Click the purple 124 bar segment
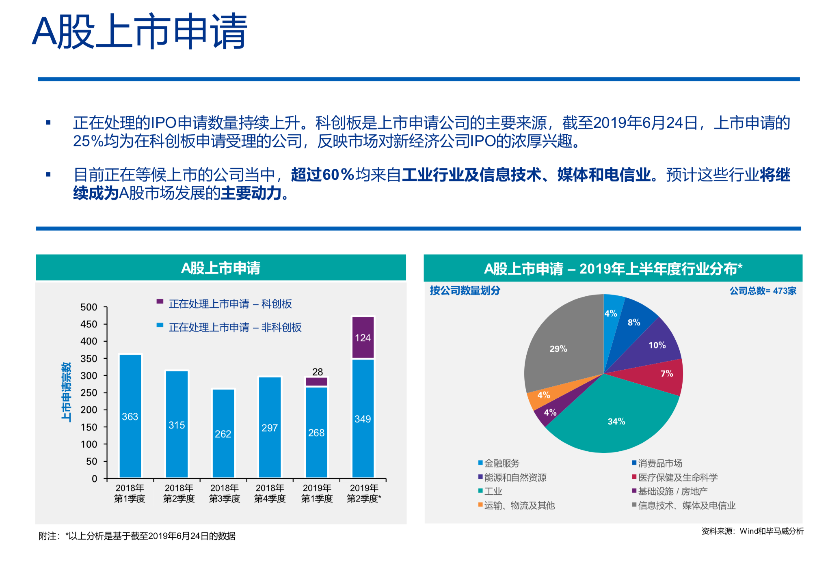click(363, 338)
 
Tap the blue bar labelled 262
click(223, 433)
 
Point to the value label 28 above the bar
click(318, 371)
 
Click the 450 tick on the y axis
click(89, 324)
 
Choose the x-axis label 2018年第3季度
click(225, 493)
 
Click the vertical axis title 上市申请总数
click(66, 392)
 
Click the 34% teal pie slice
click(616, 421)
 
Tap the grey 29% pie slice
click(558, 349)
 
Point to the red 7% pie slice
click(666, 374)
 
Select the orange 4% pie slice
click(543, 395)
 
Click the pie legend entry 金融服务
click(501, 463)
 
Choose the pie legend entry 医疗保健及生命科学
click(677, 477)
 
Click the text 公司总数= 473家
click(763, 291)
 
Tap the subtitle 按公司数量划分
click(465, 290)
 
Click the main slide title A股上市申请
click(140, 32)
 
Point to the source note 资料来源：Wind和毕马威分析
click(752, 531)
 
